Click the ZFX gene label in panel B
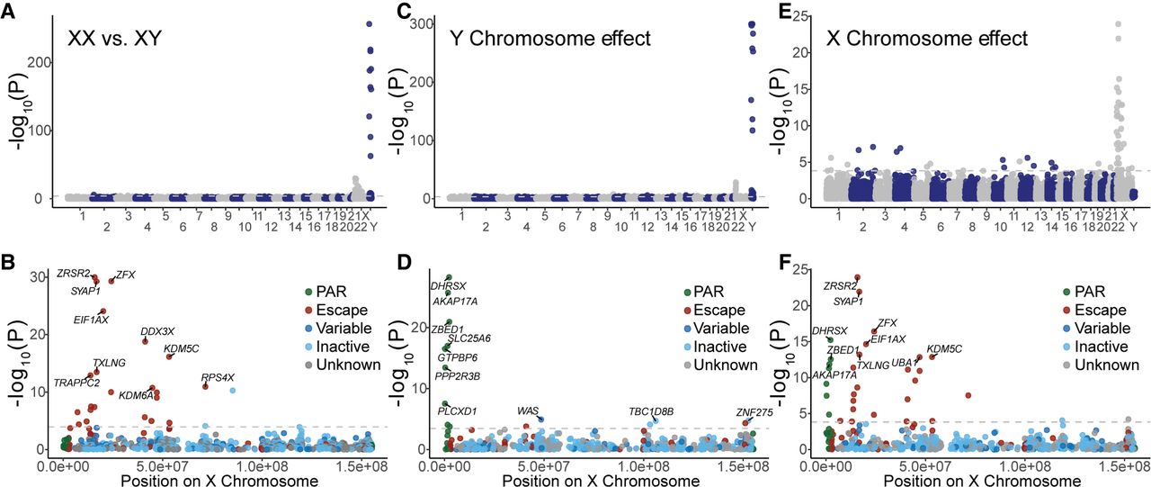point(125,275)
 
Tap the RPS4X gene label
point(217,377)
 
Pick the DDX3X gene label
point(157,331)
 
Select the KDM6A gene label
point(137,394)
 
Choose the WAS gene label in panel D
point(528,411)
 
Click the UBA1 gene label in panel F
point(904,363)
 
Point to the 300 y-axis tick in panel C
point(415,23)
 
